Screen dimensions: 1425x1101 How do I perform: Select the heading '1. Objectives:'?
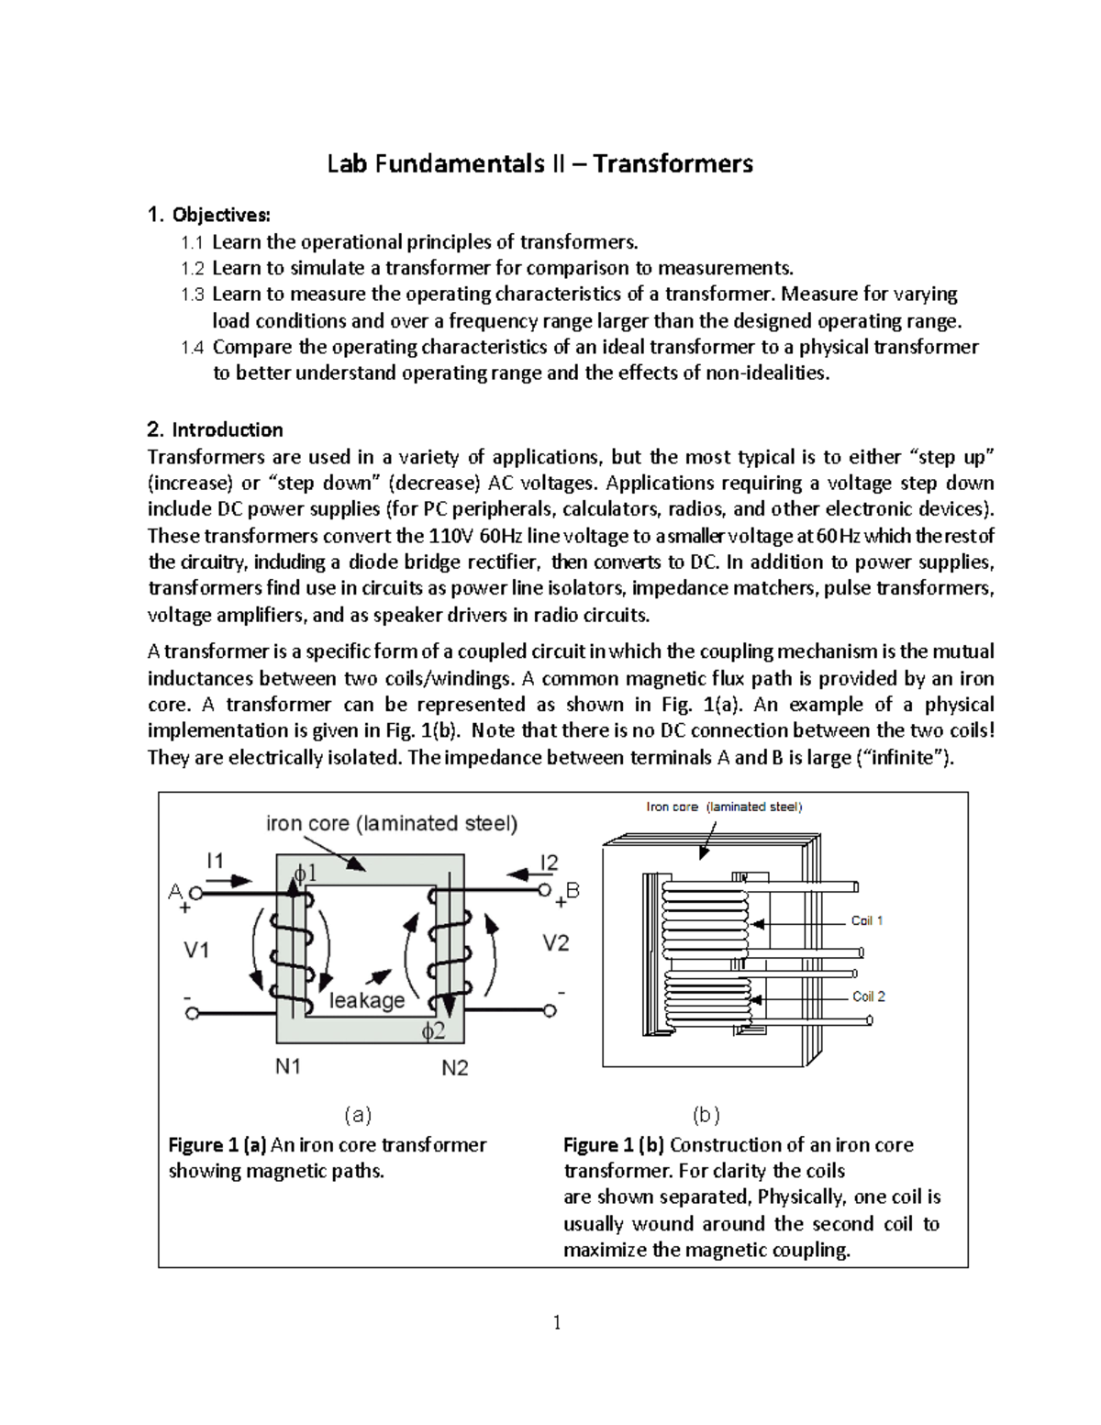(x=209, y=216)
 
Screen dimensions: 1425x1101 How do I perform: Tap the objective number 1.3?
(x=194, y=295)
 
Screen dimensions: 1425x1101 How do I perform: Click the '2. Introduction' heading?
(x=215, y=430)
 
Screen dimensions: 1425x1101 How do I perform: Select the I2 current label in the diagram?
(x=549, y=863)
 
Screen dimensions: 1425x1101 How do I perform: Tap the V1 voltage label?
(x=197, y=951)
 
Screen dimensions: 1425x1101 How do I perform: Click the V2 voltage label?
(x=556, y=942)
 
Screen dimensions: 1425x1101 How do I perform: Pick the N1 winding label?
(x=288, y=1066)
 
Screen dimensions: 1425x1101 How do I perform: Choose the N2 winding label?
(x=454, y=1068)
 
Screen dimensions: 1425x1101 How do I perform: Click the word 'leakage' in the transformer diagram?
(x=367, y=1000)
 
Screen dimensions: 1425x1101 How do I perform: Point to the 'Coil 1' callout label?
(x=867, y=920)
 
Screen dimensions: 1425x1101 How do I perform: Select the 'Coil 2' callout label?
(x=869, y=996)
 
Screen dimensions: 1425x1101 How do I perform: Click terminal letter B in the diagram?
(x=573, y=890)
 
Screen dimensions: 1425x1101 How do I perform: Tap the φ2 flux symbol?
(x=433, y=1031)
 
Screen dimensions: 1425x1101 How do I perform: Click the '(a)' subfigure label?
(x=358, y=1115)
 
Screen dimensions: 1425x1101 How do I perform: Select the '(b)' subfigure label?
(x=706, y=1116)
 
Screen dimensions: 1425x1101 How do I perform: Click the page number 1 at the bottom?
(x=557, y=1322)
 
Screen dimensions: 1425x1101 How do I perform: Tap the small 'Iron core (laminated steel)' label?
(x=724, y=807)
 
